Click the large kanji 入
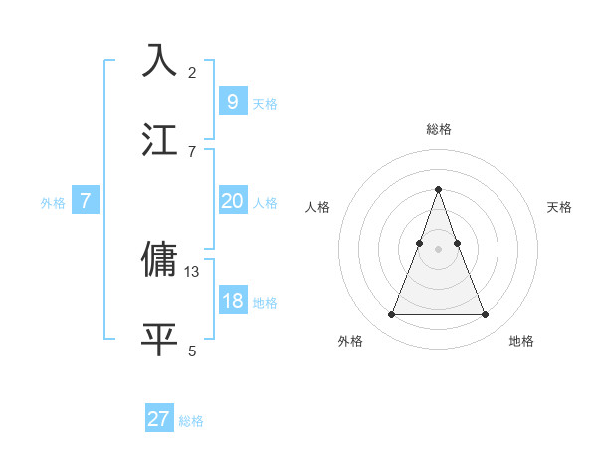point(160,61)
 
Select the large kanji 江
point(160,139)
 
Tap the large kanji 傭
point(160,259)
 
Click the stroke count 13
point(192,271)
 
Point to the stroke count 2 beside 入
point(192,72)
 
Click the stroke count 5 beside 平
point(192,351)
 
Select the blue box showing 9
point(232,102)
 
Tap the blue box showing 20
point(232,201)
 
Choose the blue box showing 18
point(232,301)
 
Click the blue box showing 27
point(159,419)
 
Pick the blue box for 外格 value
point(86,201)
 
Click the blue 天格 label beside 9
point(265,104)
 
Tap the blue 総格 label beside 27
point(191,421)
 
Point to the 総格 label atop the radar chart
point(439,129)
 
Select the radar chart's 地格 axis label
point(521,341)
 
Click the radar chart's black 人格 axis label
point(317,207)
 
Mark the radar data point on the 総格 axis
point(439,189)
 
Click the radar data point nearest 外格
point(391,315)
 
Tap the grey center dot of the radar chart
point(439,248)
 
